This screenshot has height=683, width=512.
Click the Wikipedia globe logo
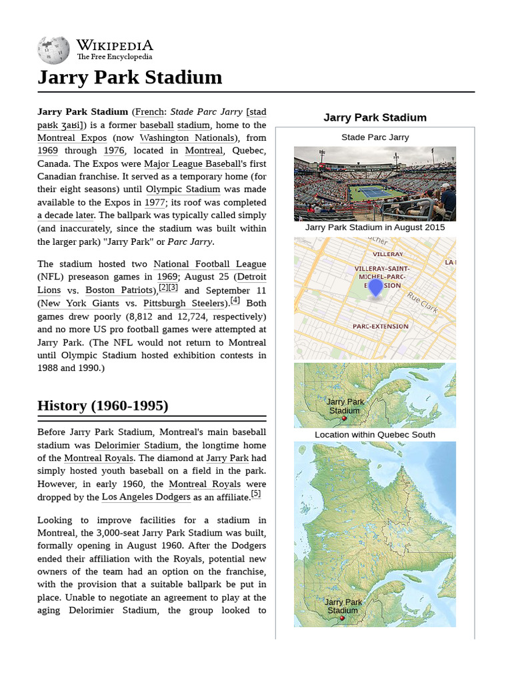[53, 50]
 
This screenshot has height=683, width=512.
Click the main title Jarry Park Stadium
[129, 77]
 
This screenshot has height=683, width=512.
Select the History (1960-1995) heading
[103, 406]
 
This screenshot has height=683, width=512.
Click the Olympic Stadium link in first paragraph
[183, 189]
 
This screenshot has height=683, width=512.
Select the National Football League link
[209, 264]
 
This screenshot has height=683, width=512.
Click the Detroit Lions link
[252, 277]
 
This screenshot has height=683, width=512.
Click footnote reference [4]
[235, 300]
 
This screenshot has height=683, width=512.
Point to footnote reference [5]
[256, 494]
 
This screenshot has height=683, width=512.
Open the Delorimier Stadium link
[136, 446]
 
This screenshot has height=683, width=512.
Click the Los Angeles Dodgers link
[146, 497]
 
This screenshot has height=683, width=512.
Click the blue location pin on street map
[375, 287]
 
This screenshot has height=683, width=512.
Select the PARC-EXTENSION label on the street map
[380, 326]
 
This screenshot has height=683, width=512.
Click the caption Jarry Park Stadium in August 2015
[375, 227]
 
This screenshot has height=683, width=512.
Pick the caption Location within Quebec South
[375, 435]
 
